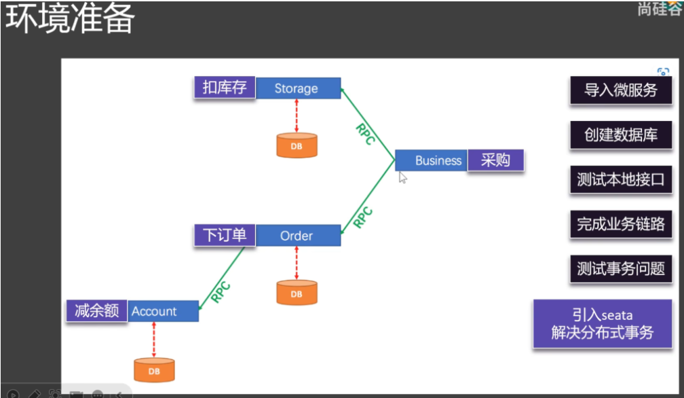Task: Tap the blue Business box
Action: coord(432,160)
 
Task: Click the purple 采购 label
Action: coord(495,160)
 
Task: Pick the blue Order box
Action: coord(298,236)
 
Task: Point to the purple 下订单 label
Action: coord(225,235)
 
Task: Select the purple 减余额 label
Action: coord(97,310)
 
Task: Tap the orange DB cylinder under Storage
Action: coord(297,145)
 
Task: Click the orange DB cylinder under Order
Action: coord(297,293)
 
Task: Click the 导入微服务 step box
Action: coord(621,90)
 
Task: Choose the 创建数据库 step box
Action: coord(621,135)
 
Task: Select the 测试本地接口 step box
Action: coord(621,180)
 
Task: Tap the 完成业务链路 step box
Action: coord(621,224)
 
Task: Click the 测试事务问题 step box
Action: coord(621,269)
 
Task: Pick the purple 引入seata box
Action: coord(602,324)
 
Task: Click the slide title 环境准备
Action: coord(71,20)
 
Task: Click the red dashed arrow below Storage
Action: coord(297,115)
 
